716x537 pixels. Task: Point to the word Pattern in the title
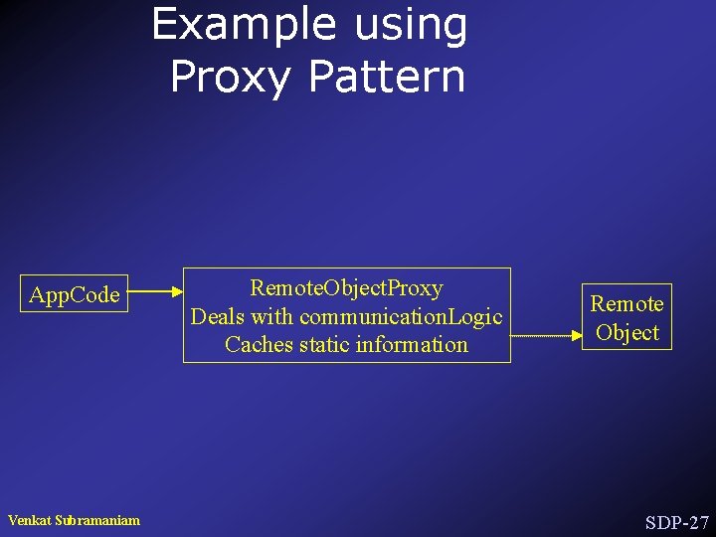click(387, 77)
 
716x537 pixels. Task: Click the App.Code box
click(75, 294)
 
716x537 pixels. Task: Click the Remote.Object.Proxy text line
click(346, 288)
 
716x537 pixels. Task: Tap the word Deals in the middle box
click(217, 316)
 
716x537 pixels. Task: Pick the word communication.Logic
click(401, 316)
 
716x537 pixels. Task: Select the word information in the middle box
click(410, 345)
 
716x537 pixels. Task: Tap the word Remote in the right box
click(626, 303)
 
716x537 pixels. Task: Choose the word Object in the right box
click(627, 332)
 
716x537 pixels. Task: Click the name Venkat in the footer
click(30, 520)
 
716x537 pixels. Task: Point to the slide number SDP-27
click(676, 522)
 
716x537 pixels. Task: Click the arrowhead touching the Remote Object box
click(578, 336)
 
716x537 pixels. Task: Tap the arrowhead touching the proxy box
click(176, 292)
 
